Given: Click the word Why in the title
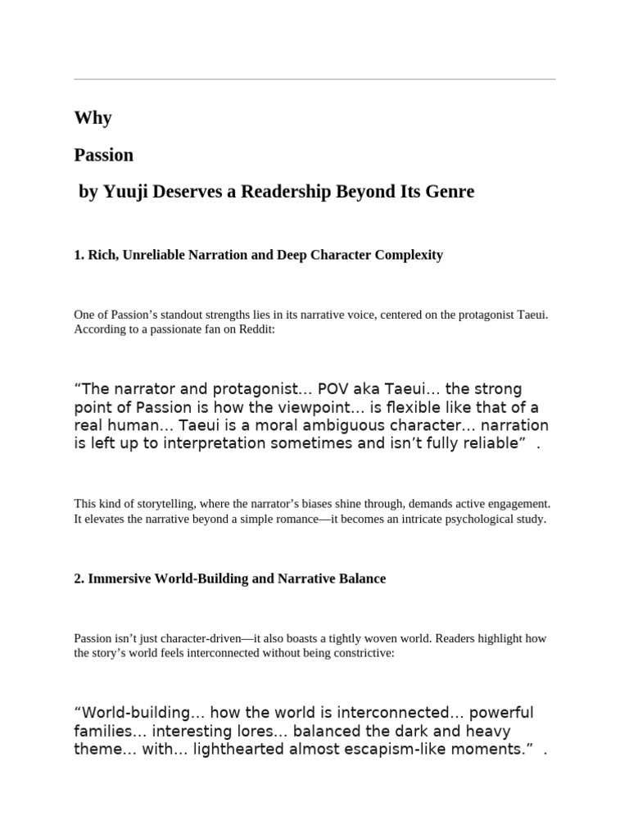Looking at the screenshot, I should (x=93, y=118).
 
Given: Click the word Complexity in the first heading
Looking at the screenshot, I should (x=409, y=255).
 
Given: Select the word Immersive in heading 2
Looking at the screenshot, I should (x=120, y=578).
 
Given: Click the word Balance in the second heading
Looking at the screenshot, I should (x=360, y=578).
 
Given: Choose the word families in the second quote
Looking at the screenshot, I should (x=102, y=731).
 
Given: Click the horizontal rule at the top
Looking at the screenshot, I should (x=314, y=79).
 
